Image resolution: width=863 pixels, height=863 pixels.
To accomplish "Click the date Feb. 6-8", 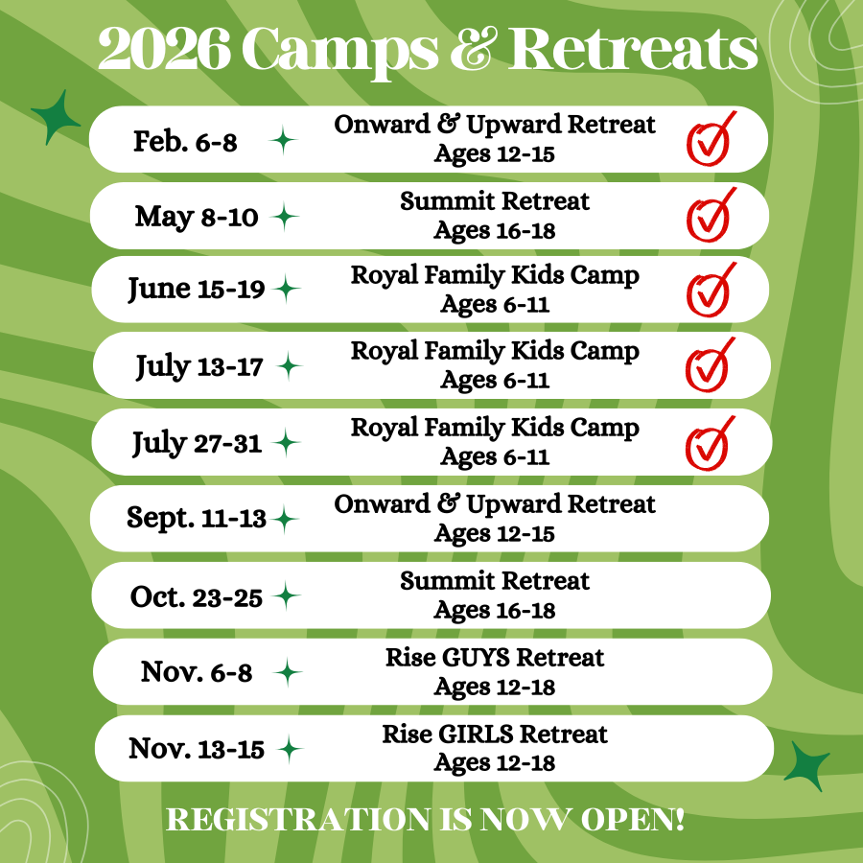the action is click(185, 142).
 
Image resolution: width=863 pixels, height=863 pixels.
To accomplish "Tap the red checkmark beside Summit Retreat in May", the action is click(710, 216).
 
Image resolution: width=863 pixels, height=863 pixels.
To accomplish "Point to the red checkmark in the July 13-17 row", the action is click(709, 365).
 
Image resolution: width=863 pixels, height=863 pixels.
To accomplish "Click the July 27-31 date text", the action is click(197, 444).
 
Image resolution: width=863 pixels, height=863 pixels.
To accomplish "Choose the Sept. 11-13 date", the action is click(196, 519).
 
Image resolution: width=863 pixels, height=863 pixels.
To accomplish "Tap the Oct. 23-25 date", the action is click(196, 596).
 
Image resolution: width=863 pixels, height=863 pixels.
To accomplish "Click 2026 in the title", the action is click(164, 49).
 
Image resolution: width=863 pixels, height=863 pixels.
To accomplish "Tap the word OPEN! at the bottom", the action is click(633, 820).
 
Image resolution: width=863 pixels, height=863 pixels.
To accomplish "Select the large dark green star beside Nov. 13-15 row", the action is click(807, 764).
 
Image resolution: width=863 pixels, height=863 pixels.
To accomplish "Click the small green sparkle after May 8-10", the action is click(284, 217).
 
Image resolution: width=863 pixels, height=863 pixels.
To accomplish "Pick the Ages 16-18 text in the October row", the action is click(494, 611).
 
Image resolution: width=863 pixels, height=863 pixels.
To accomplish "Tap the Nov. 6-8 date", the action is click(197, 672).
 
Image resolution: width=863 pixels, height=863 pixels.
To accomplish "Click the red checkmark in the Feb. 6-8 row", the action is click(710, 139).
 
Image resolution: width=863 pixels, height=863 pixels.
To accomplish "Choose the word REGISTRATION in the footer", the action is click(299, 820).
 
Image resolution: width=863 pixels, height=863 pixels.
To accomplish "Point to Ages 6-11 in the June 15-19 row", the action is click(494, 304).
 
